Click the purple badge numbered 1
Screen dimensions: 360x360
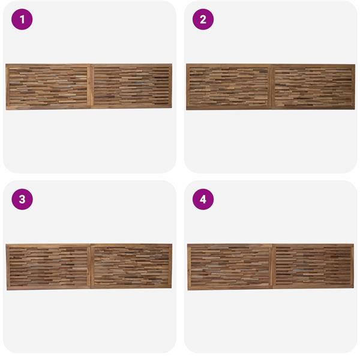click(x=22, y=19)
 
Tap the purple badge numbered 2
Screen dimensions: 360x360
click(x=203, y=19)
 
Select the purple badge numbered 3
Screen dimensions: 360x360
click(x=22, y=199)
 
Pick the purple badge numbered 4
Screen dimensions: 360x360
click(x=203, y=199)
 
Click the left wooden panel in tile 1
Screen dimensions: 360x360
click(x=48, y=87)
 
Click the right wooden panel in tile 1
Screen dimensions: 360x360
click(x=131, y=86)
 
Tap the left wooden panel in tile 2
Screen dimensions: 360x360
click(x=229, y=87)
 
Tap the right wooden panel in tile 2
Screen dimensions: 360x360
click(x=313, y=87)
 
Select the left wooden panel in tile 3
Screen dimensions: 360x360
click(x=48, y=267)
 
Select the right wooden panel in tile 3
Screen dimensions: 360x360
click(x=131, y=266)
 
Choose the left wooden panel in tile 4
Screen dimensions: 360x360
click(x=230, y=267)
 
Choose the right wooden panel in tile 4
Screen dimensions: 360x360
click(x=313, y=266)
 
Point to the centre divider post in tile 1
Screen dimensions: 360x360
click(x=90, y=86)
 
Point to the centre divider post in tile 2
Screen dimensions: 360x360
click(x=271, y=87)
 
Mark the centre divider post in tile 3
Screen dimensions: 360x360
click(x=90, y=266)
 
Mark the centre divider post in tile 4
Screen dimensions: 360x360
click(x=272, y=266)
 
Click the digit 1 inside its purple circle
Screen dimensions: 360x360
click(x=22, y=20)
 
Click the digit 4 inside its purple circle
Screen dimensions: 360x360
click(x=203, y=200)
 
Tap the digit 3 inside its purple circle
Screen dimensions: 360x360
click(x=22, y=200)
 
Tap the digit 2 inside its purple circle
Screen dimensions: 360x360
click(x=203, y=20)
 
